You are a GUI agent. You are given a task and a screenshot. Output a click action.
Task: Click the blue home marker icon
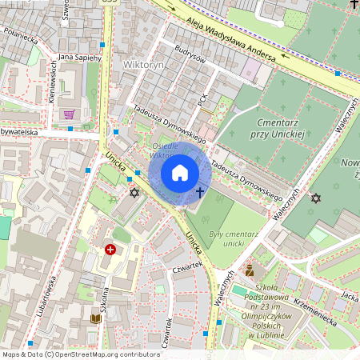[x=180, y=173]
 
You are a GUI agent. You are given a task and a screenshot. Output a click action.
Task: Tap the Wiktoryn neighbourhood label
[x=144, y=63]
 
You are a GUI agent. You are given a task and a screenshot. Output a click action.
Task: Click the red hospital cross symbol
[x=110, y=250]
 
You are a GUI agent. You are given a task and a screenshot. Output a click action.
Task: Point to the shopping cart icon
[x=69, y=114]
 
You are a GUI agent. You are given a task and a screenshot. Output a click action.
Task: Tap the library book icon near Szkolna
[x=95, y=318]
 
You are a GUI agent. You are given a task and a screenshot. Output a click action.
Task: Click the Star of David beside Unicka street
[x=134, y=193]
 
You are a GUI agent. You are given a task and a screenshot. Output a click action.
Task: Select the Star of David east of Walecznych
[x=315, y=198]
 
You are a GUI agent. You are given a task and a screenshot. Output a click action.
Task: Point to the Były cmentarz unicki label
[x=226, y=238]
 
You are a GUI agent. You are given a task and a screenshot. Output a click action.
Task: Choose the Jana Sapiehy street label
[x=78, y=58]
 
